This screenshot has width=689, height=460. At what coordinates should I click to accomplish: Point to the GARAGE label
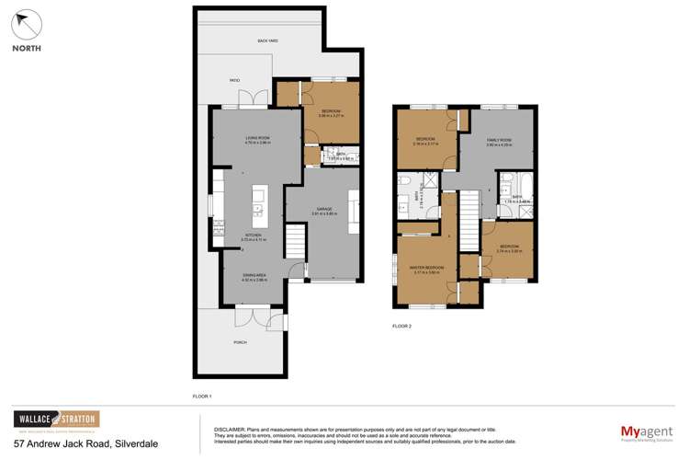point(324,210)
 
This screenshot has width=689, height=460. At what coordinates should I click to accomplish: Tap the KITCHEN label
point(251,236)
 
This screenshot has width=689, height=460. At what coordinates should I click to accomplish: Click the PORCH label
point(241,343)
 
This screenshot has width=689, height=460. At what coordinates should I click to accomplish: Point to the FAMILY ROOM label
point(499,140)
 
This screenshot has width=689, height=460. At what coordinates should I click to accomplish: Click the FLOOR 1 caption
point(202,396)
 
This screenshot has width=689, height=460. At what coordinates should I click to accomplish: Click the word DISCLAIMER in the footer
point(229,429)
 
